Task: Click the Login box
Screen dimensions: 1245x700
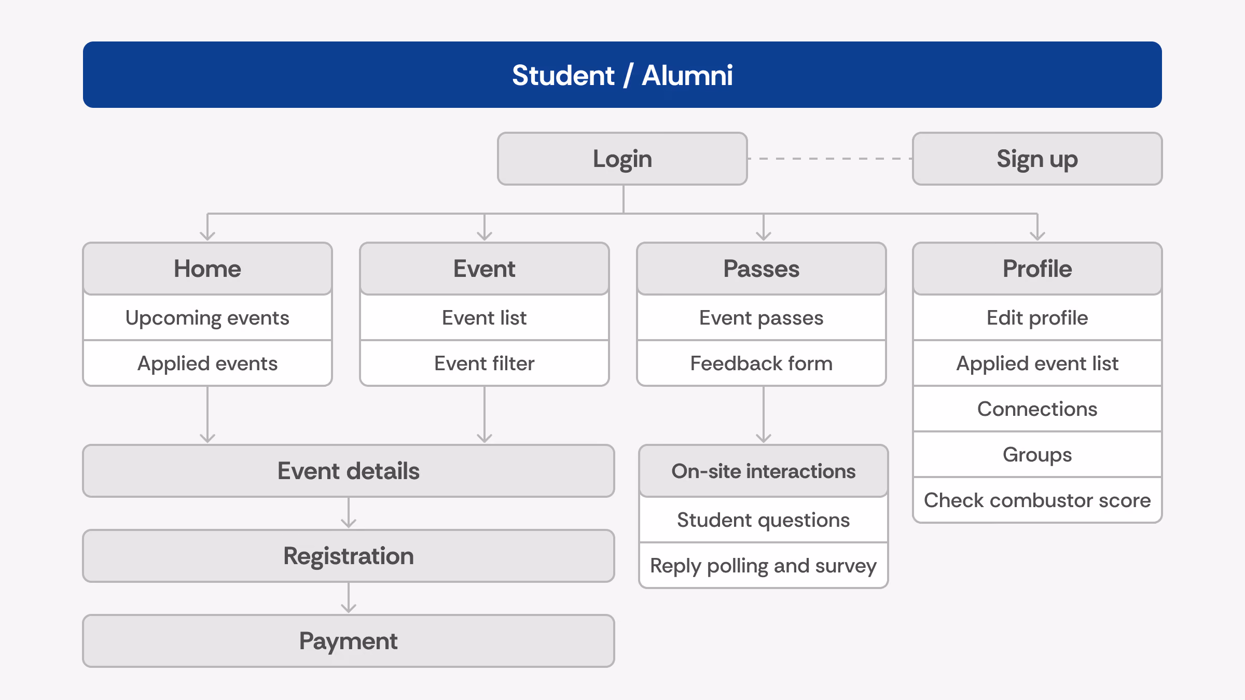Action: point(622,159)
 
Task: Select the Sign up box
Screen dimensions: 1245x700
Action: point(1037,159)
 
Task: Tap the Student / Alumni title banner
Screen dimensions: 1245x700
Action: point(622,75)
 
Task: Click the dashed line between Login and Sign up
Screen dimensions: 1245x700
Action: point(830,159)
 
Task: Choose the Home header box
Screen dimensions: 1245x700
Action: point(208,269)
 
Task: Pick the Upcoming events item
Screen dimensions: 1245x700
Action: point(208,318)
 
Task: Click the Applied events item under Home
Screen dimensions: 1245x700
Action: point(208,363)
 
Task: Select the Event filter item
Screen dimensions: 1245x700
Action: point(485,363)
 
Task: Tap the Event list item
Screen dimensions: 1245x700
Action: point(485,318)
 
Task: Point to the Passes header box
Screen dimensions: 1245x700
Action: point(762,269)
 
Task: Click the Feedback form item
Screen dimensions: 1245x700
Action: point(762,363)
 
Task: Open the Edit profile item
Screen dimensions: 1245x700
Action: point(1037,318)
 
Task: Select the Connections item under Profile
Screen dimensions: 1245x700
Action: point(1037,409)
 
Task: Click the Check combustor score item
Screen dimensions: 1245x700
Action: point(1037,500)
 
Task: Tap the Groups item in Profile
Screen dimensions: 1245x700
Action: point(1037,455)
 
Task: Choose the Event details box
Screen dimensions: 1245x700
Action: point(349,471)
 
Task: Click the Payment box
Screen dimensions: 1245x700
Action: point(349,641)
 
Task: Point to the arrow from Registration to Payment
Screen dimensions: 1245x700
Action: point(349,598)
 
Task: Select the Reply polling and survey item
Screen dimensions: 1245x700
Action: point(764,566)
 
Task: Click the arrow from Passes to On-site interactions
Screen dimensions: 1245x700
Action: point(764,415)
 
